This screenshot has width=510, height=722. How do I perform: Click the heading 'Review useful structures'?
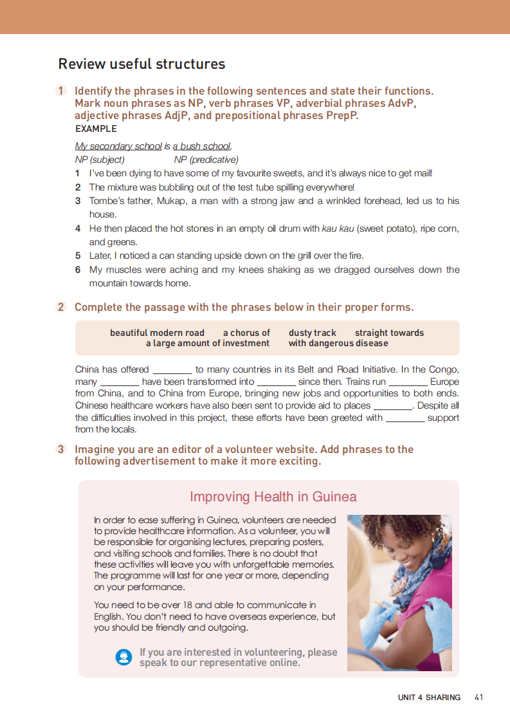click(x=141, y=64)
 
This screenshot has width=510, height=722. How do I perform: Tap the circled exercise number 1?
click(x=61, y=91)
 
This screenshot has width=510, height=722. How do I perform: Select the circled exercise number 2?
click(x=61, y=307)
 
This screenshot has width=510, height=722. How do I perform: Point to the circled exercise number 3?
click(x=61, y=449)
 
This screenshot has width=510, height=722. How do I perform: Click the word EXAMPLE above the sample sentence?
click(x=96, y=129)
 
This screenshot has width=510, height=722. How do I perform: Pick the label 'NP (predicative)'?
click(x=206, y=160)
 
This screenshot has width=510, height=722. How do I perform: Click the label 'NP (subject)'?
click(x=100, y=160)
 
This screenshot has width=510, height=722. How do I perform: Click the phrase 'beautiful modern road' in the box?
click(x=157, y=333)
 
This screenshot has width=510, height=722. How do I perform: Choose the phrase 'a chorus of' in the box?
click(x=246, y=333)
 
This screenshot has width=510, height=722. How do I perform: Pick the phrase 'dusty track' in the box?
click(x=313, y=333)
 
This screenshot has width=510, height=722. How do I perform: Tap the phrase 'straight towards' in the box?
click(x=389, y=333)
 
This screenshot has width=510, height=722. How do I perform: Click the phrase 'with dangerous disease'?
click(x=338, y=344)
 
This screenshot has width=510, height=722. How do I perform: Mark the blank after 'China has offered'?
click(x=172, y=371)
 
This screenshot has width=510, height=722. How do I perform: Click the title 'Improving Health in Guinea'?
click(x=273, y=497)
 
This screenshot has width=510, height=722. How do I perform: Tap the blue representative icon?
click(x=123, y=657)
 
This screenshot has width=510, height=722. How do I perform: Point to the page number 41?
click(x=478, y=697)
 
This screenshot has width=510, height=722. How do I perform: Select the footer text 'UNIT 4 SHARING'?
click(x=429, y=698)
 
